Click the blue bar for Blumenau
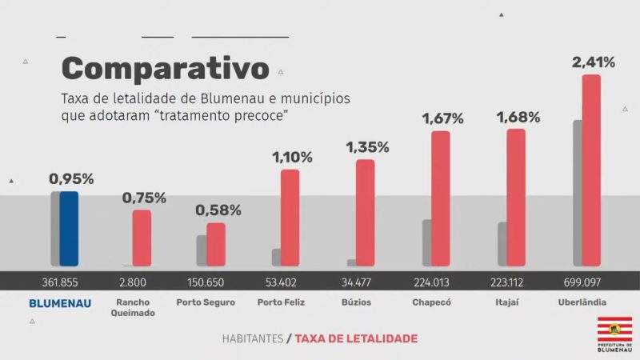[x=69, y=229]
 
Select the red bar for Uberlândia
[x=591, y=170]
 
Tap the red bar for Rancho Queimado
[x=142, y=238]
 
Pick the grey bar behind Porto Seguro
[x=202, y=250]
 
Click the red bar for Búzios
[x=365, y=213]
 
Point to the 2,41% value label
[x=593, y=62]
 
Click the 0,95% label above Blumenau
[x=71, y=179]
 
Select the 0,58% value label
[x=218, y=210]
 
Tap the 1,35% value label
[x=367, y=147]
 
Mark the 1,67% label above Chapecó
[x=442, y=118]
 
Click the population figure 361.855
[x=60, y=282]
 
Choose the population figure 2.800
[x=133, y=282]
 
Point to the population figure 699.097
[x=582, y=282]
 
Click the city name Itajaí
[x=507, y=302]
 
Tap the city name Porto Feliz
[x=280, y=302]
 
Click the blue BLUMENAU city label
[x=60, y=303]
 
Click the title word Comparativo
[x=166, y=69]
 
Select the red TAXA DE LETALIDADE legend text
[x=356, y=338]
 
